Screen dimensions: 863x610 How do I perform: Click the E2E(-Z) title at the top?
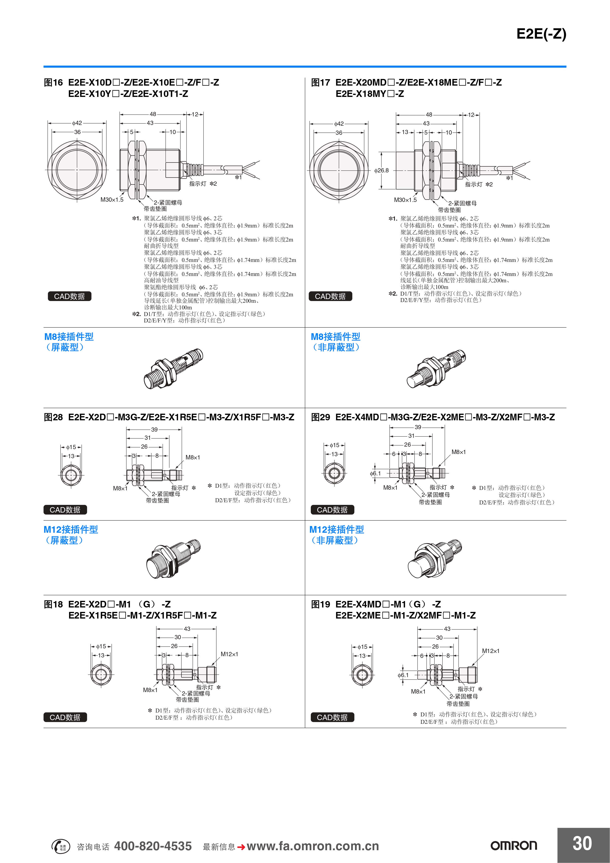(x=541, y=34)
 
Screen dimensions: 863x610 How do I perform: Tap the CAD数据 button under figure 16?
(x=70, y=296)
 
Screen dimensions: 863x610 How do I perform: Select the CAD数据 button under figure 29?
(x=332, y=510)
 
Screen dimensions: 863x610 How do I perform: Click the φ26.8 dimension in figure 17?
(x=382, y=170)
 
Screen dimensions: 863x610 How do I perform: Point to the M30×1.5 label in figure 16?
(x=112, y=200)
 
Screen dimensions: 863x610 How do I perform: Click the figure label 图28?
(x=53, y=417)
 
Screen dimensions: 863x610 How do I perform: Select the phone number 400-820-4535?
(x=153, y=846)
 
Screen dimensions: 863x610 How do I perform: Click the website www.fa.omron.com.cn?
(x=313, y=846)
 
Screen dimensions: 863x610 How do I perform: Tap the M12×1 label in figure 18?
(x=229, y=654)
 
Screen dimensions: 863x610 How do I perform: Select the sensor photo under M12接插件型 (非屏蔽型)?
(x=434, y=559)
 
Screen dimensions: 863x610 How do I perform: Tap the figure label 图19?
(x=321, y=605)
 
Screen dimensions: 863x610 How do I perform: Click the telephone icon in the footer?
(x=60, y=846)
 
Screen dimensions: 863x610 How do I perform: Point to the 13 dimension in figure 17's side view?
(x=405, y=132)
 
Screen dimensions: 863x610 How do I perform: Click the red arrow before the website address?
(x=241, y=847)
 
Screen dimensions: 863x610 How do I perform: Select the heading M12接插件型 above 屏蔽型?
(x=71, y=530)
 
